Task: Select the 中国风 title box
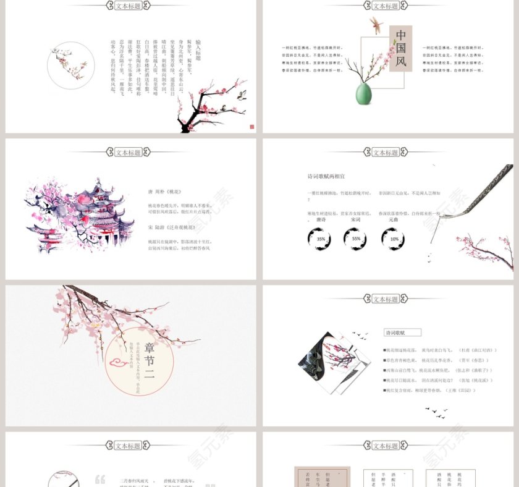(400, 48)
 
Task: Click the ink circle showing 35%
(320, 239)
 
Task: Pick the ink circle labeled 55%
(356, 239)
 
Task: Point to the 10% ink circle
(394, 239)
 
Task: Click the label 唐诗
(321, 219)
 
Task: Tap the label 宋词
(356, 219)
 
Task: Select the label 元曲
(394, 219)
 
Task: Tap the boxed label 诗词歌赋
(395, 332)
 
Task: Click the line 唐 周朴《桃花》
(165, 192)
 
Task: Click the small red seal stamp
(251, 127)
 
